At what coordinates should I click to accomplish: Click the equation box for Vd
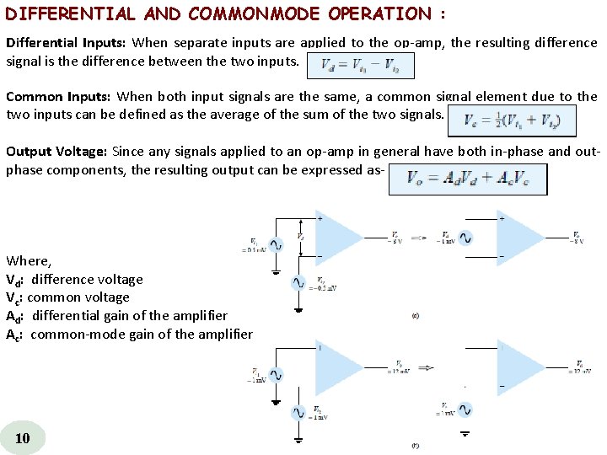pos(361,66)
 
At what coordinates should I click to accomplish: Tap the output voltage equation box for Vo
pos(467,179)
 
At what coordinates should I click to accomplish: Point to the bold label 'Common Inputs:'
pos(58,97)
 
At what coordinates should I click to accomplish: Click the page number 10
pos(23,437)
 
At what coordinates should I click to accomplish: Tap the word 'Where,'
pos(29,261)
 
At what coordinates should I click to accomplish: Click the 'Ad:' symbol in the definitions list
pos(16,315)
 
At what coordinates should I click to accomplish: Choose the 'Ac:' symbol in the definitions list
pos(16,334)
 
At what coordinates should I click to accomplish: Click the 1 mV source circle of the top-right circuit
pos(465,238)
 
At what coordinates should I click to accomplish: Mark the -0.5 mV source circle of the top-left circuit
pos(298,283)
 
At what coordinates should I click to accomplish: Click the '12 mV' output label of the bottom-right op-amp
pos(579,371)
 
